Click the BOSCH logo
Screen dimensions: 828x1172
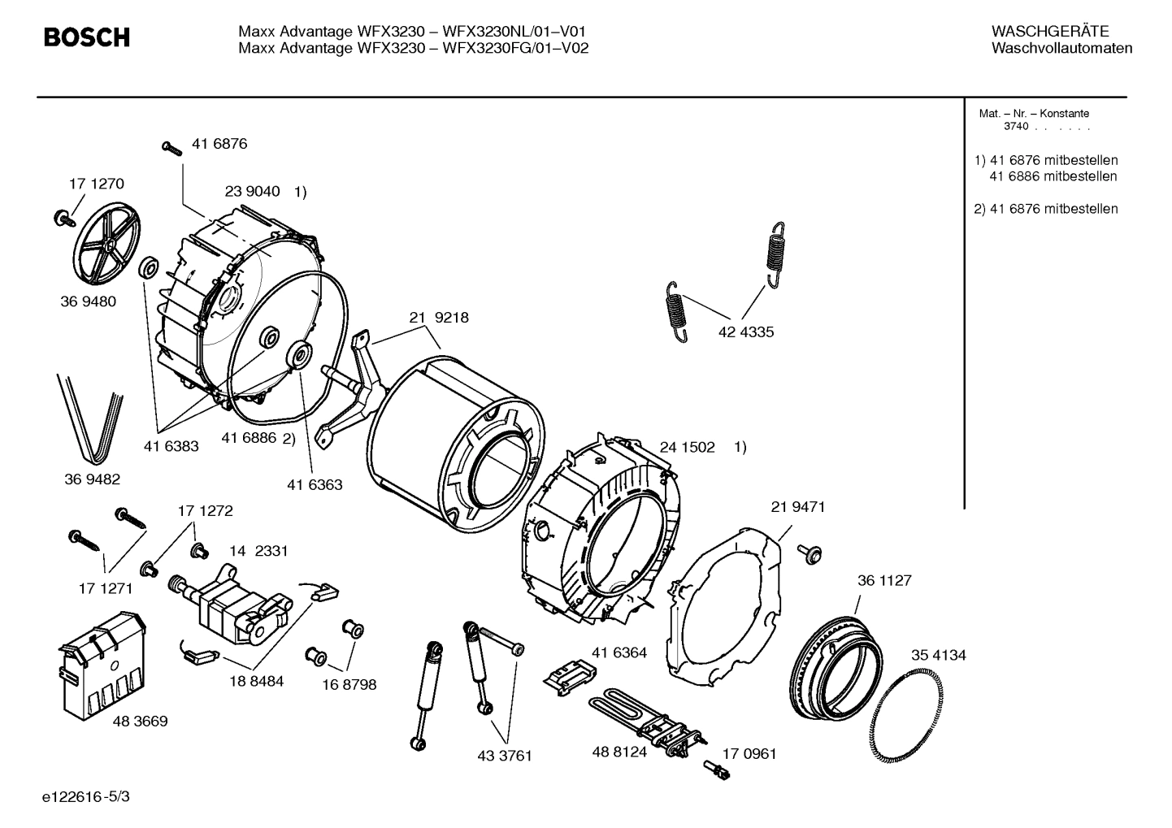tap(86, 37)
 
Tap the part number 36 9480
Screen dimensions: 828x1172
tap(88, 301)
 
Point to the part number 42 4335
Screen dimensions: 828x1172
tap(746, 332)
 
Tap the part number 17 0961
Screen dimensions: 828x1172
tap(749, 754)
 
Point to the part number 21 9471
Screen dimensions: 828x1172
tap(797, 507)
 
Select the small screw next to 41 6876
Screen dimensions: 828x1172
tap(172, 147)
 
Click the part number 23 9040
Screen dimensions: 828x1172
tap(252, 193)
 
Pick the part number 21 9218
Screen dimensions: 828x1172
tap(439, 318)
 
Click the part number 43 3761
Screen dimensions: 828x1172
tap(504, 756)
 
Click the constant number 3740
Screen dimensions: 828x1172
tap(1016, 127)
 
